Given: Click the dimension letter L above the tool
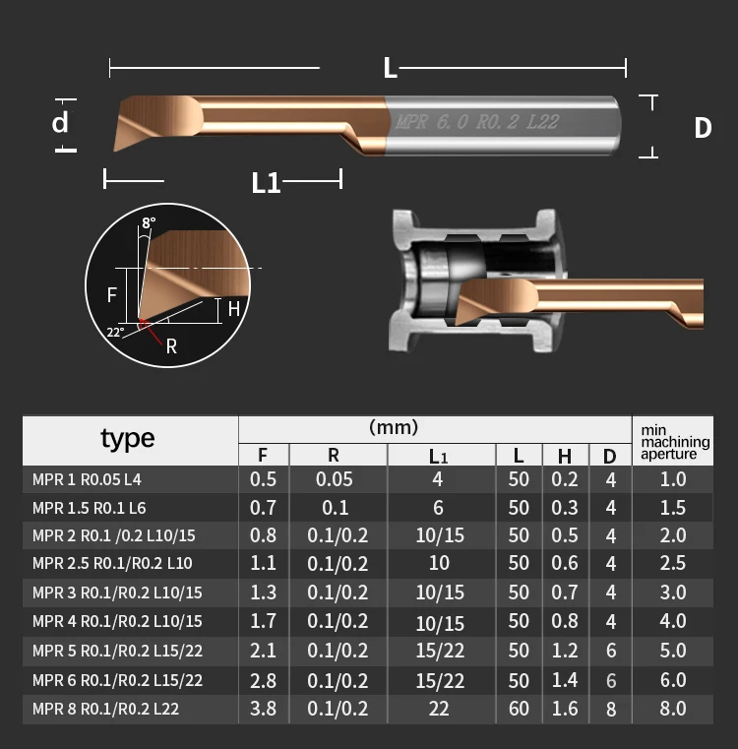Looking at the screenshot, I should coord(390,68).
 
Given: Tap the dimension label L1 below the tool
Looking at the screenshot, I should coord(266,182).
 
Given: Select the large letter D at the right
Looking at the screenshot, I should coord(702,128).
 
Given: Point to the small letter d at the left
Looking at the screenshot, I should coord(61,123).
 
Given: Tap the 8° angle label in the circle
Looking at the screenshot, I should coord(149,223).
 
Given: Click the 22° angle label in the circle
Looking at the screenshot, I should coord(115,332).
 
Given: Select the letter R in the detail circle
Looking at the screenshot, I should coord(171,346).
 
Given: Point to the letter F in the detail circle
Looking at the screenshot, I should coord(112,294).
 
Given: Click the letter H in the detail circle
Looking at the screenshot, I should coord(233,308).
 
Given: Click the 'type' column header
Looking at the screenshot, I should coord(128,439).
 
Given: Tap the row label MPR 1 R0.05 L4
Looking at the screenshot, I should coord(87,480).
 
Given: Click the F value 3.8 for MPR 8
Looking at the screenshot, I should coord(265,709).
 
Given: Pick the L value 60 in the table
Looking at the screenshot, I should coord(519,709).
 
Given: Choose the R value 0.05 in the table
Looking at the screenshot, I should coord(334,480).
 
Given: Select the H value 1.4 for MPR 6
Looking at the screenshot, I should coord(565,680).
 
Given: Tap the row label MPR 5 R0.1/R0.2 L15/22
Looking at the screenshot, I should coord(117,651).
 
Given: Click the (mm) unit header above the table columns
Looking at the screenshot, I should coord(394,427).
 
